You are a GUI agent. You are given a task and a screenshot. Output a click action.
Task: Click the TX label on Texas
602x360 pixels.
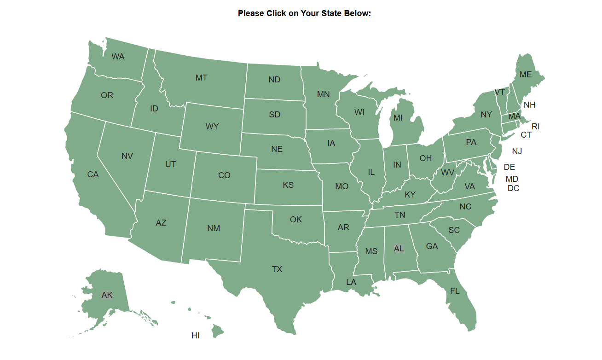277,269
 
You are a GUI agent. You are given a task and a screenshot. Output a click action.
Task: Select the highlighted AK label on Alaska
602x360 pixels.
107,295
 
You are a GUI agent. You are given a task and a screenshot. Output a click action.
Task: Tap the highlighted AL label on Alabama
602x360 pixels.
399,249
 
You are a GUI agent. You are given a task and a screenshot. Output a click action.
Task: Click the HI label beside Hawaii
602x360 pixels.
195,336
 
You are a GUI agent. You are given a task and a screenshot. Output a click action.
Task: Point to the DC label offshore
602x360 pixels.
513,188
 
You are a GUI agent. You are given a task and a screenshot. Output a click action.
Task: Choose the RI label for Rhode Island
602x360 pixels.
535,127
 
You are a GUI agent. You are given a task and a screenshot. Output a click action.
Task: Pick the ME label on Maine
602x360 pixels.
525,75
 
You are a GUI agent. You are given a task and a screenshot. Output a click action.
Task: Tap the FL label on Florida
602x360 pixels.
455,291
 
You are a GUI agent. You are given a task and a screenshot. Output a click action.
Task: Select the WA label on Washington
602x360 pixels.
118,57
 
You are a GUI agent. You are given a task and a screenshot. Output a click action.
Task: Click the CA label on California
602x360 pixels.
93,174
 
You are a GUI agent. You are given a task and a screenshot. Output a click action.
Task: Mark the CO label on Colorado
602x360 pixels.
224,175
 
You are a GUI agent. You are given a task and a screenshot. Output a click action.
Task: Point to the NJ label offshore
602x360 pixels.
517,151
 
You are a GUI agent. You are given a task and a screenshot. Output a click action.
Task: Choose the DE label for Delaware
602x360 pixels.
509,167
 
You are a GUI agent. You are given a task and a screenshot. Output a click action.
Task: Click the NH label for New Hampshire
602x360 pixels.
529,105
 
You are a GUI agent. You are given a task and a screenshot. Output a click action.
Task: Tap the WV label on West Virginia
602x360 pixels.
447,173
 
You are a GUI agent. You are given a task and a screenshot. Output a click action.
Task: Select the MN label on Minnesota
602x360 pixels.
323,94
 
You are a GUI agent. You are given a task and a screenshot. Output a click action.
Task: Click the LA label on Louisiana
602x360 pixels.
351,282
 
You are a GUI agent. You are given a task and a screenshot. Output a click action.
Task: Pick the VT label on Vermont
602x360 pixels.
499,92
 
